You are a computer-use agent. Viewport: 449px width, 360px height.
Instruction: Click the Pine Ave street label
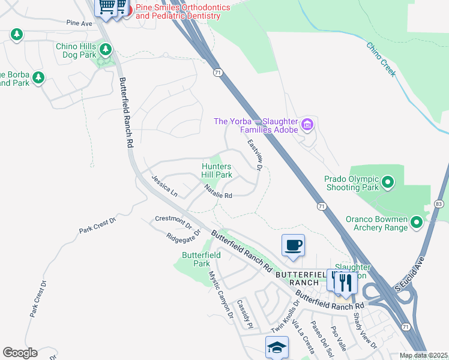79,23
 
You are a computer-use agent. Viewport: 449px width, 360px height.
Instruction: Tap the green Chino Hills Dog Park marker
106,49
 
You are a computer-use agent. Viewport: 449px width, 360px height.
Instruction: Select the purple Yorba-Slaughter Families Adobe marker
307,125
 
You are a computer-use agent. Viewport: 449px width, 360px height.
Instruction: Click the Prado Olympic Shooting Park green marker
388,181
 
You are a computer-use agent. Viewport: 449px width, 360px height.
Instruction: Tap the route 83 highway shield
439,205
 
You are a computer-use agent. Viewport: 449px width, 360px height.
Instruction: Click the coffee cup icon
293,245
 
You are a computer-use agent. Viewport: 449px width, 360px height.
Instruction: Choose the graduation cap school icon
277,347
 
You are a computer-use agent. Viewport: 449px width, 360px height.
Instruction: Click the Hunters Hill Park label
216,170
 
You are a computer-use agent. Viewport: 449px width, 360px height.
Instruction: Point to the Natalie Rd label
217,192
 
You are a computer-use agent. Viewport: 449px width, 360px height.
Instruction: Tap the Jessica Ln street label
164,186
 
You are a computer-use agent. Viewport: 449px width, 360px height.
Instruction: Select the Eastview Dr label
256,154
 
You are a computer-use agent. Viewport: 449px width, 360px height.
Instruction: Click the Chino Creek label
381,59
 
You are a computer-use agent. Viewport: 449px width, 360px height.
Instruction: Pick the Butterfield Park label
201,259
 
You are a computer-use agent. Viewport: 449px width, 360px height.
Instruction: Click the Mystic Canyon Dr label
220,293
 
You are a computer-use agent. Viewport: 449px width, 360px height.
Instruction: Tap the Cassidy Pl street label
246,314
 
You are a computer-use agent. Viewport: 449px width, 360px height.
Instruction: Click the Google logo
20,352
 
